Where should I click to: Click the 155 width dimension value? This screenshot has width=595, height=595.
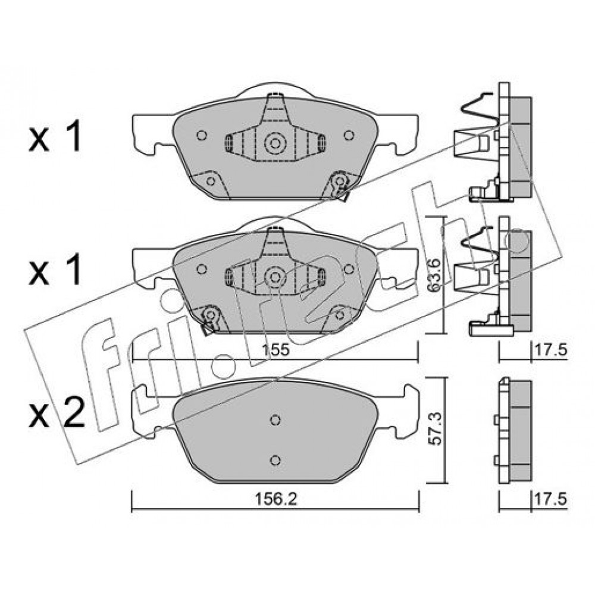click(277, 349)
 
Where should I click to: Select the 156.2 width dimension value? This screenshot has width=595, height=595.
click(275, 499)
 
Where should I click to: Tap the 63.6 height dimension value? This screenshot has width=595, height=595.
click(434, 275)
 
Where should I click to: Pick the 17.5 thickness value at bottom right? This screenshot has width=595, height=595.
click(550, 499)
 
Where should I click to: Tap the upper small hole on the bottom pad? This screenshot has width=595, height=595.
click(276, 419)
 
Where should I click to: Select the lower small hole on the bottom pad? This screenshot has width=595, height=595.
click(276, 460)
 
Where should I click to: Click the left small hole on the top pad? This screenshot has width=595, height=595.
click(202, 134)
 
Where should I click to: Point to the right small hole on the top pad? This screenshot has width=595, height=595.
click(349, 134)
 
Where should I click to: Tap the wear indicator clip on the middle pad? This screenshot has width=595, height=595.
click(209, 319)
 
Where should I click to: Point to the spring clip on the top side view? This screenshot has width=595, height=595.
click(478, 109)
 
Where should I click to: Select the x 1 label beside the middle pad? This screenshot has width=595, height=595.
click(55, 270)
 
